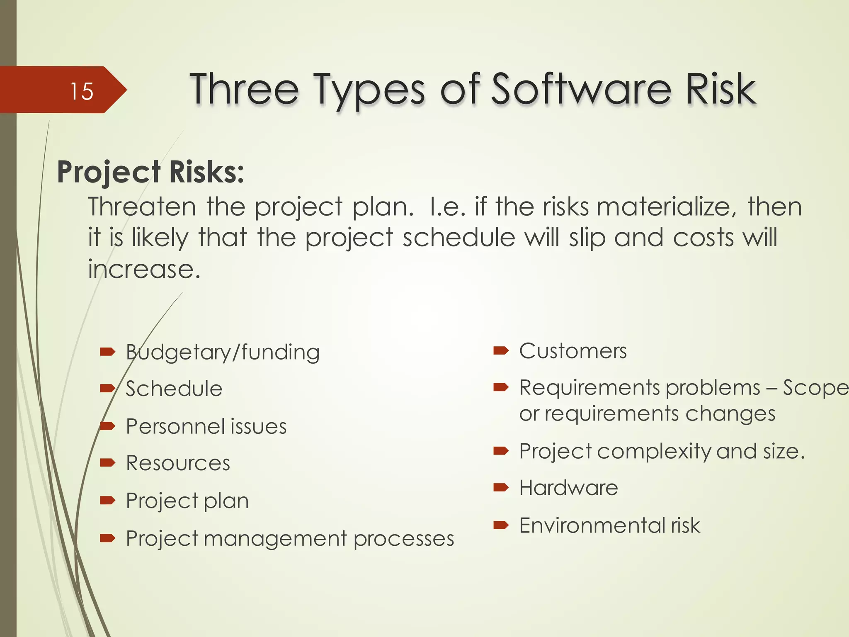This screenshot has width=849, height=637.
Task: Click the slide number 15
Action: click(82, 91)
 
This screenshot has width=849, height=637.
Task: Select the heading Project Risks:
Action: click(150, 172)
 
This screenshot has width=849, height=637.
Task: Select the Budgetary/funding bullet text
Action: click(223, 353)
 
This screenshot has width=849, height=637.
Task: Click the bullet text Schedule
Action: click(174, 389)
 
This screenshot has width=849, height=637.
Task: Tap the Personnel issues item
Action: click(206, 426)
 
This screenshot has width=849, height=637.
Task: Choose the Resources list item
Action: click(178, 463)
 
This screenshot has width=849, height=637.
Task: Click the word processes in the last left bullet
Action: click(404, 539)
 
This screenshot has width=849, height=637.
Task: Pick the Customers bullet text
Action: click(573, 351)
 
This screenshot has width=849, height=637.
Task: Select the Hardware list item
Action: click(568, 488)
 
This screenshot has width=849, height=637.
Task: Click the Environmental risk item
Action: click(609, 525)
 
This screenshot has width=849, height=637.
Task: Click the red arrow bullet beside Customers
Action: click(501, 351)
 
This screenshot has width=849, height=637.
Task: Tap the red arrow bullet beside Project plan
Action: click(107, 501)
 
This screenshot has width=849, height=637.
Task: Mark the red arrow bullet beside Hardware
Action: click(501, 488)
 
